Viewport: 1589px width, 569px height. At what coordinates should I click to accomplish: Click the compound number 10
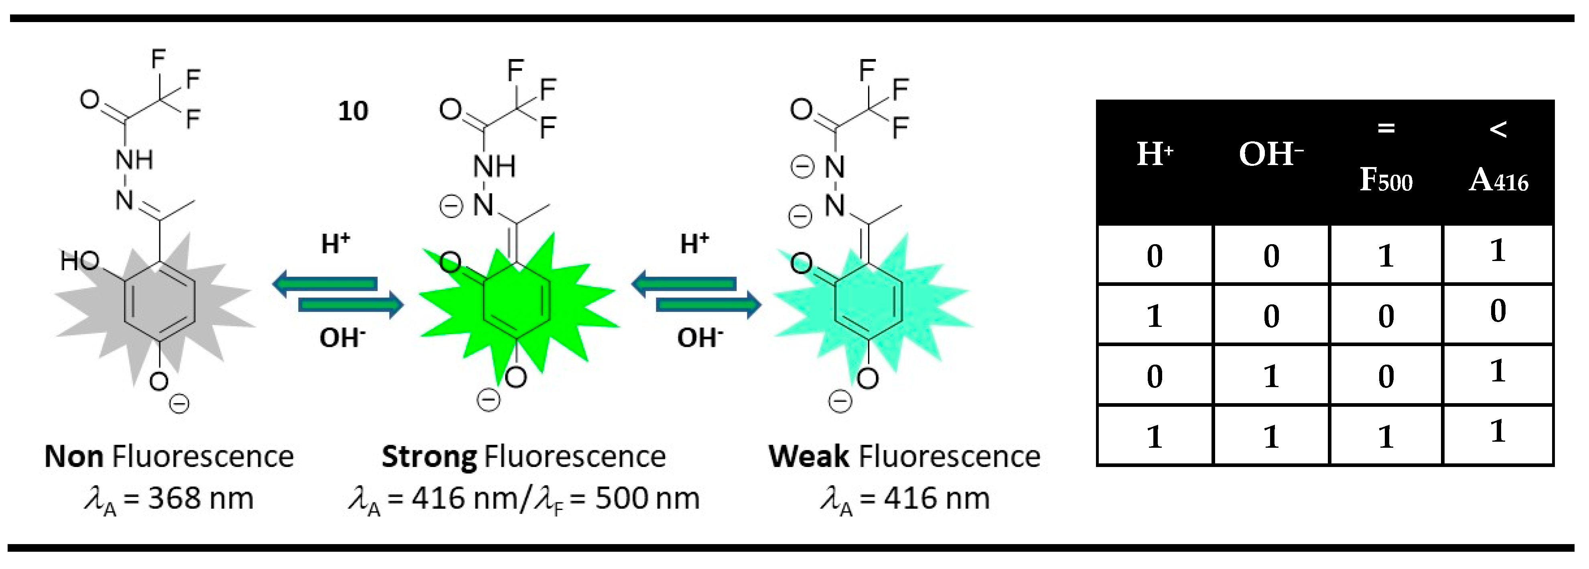[x=353, y=111]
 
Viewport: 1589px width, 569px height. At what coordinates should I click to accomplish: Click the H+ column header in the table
[x=1154, y=154]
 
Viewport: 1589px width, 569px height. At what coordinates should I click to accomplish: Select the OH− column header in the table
[x=1271, y=154]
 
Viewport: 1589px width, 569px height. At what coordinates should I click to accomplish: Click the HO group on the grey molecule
[x=79, y=261]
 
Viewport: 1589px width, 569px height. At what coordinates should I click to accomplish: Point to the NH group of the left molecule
[x=134, y=160]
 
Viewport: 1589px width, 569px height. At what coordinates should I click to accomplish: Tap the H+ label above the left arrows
[x=335, y=244]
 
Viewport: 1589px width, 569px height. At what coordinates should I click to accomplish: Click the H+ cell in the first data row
[x=1154, y=255]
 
